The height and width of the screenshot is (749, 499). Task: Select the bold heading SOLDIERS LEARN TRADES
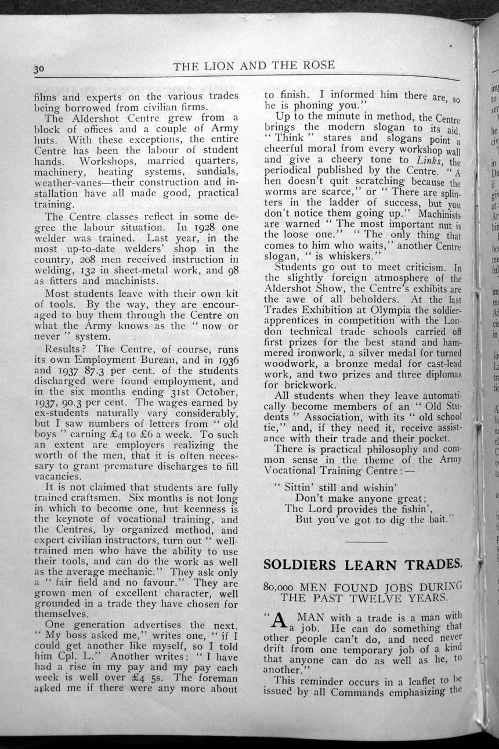pos(363,564)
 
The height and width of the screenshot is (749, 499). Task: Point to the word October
pos(218,392)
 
